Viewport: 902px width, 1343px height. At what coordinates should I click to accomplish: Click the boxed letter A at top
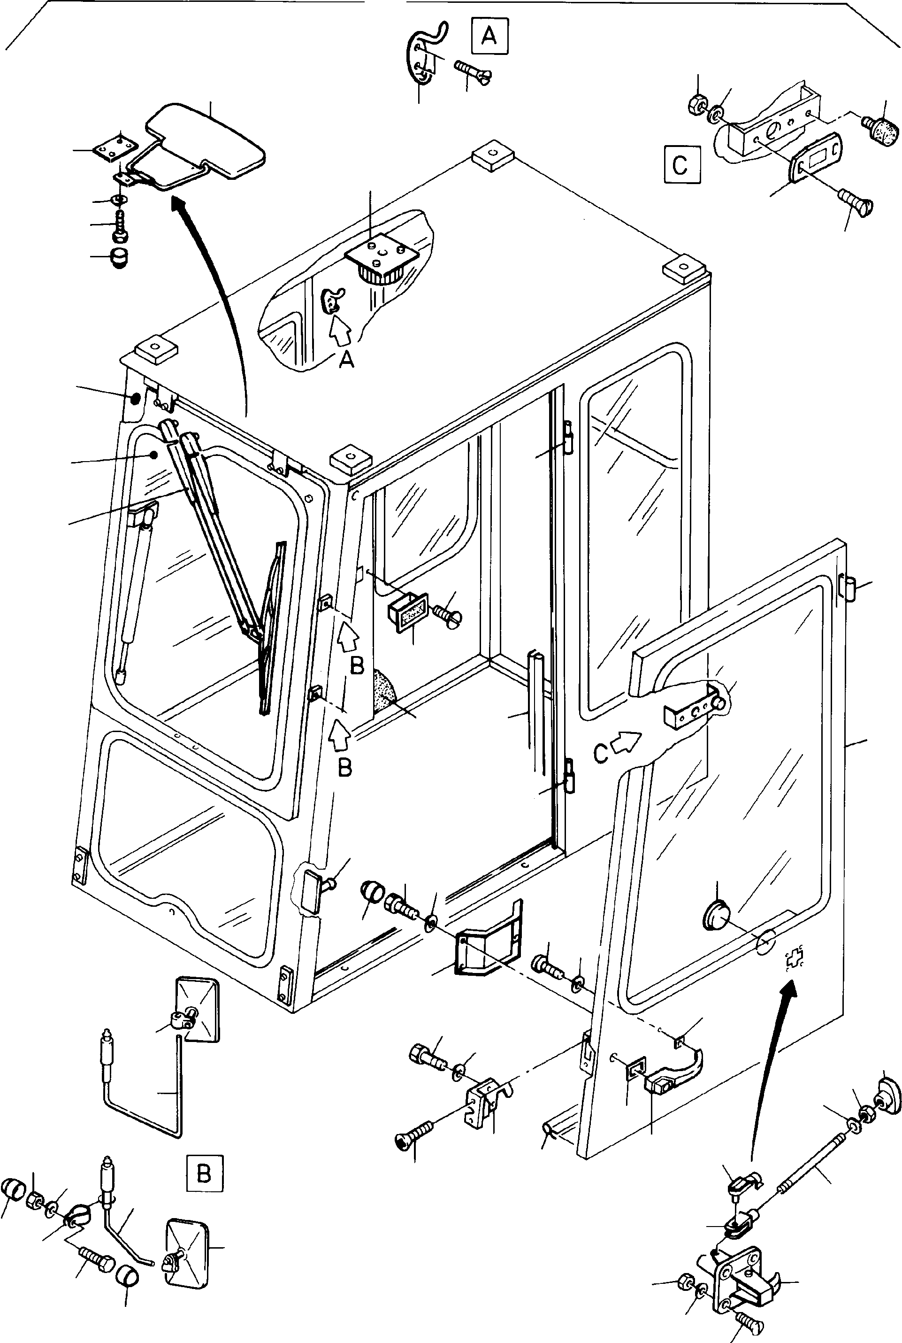click(489, 36)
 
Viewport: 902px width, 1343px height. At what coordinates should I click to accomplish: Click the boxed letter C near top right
click(682, 165)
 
